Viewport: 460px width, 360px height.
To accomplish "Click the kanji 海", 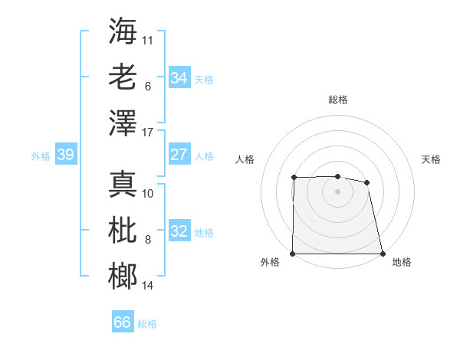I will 123,31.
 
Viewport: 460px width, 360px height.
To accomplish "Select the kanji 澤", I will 123,123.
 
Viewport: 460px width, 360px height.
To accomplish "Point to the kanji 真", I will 123,184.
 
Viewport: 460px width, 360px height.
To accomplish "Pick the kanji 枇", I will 123,230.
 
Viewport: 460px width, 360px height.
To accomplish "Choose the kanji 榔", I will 123,276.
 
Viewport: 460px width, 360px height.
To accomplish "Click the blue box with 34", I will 179,77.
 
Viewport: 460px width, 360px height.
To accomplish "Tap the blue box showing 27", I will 179,155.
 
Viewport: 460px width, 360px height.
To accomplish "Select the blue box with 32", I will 179,231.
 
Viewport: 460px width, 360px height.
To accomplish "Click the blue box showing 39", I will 65,155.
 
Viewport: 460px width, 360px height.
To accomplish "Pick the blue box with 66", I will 123,322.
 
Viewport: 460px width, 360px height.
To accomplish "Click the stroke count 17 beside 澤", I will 149,133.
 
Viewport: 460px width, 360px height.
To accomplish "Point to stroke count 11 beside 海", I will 148,39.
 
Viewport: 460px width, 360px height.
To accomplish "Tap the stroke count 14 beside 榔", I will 148,286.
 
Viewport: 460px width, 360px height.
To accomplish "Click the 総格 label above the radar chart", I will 338,100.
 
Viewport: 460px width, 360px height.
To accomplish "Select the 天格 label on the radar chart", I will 432,159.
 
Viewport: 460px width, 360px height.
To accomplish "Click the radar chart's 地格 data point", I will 383,254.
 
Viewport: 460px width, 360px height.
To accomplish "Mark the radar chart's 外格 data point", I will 293,254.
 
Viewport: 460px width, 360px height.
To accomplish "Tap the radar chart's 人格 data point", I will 294,178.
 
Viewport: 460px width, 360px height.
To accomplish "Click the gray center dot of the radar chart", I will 338,191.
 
